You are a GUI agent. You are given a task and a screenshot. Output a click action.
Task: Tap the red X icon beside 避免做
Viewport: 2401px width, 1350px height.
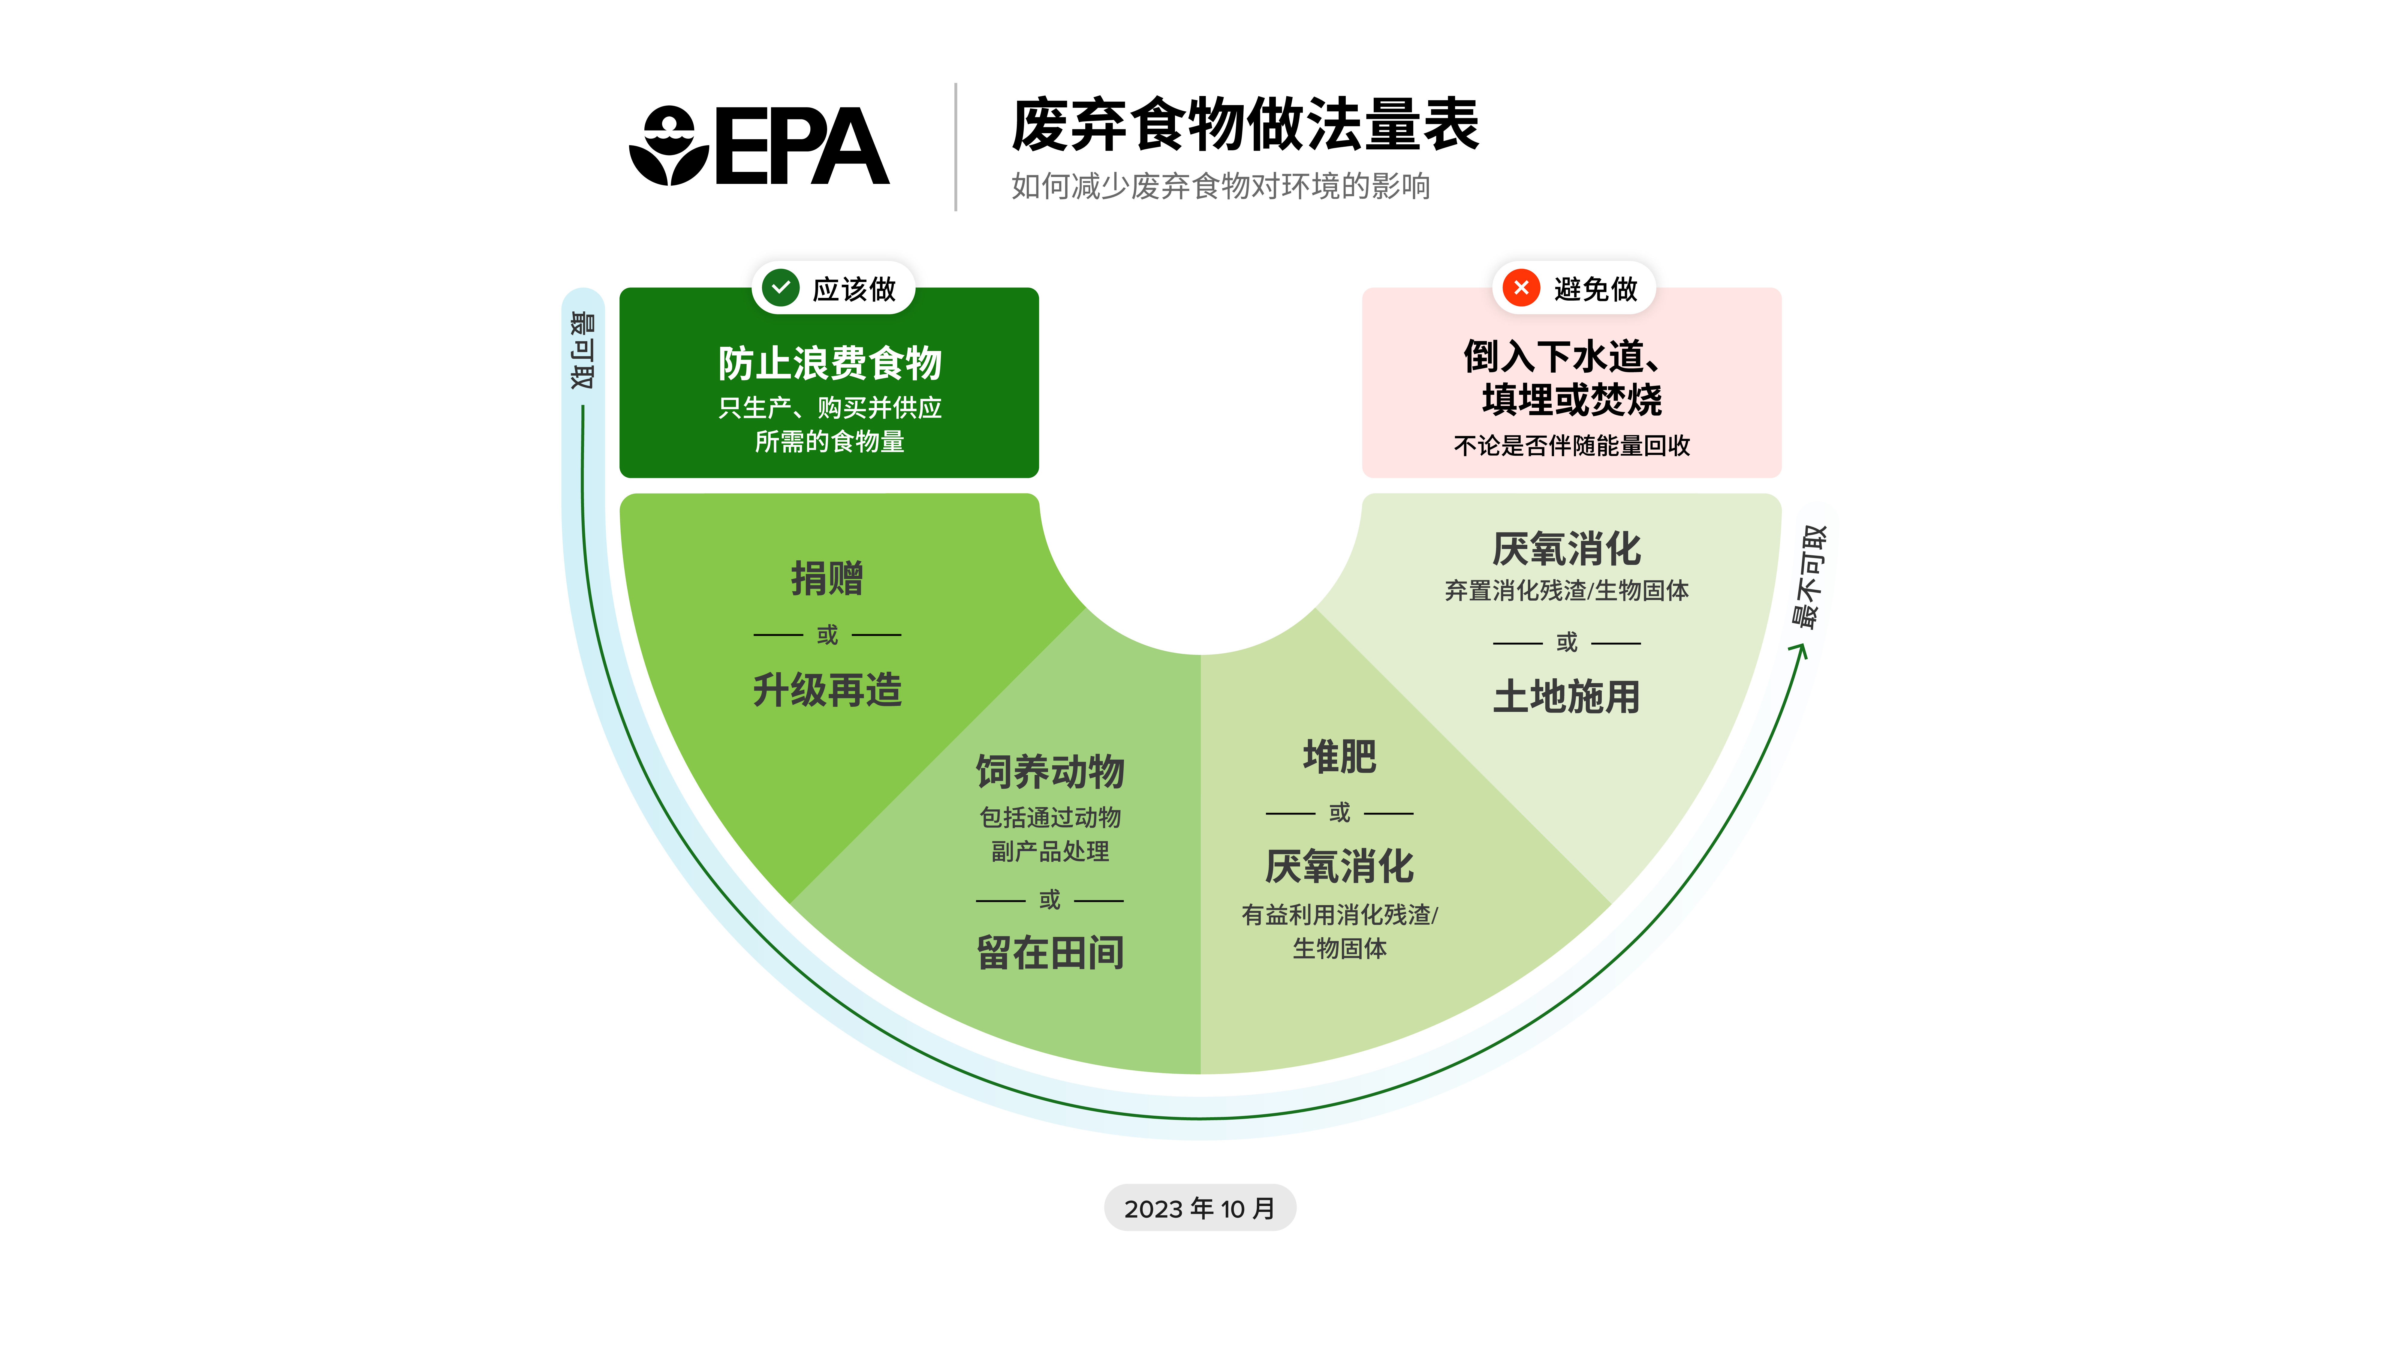(1521, 288)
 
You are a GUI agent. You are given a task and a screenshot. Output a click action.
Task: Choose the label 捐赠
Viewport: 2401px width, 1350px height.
(827, 579)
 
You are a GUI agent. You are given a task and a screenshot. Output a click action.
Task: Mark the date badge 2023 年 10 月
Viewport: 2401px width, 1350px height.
(1200, 1208)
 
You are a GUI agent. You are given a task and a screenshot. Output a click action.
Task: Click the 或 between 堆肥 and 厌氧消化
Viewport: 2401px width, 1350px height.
(1339, 812)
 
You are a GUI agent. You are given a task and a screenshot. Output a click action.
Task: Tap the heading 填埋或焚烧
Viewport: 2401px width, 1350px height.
(1571, 400)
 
